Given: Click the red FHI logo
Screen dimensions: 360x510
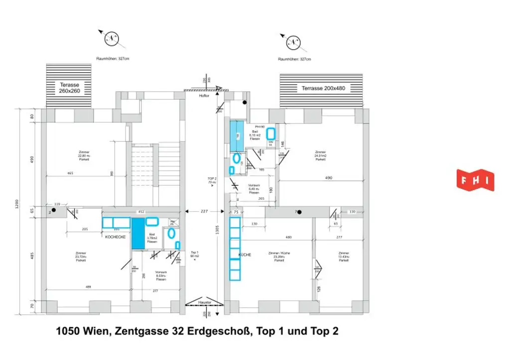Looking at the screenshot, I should coord(475,180).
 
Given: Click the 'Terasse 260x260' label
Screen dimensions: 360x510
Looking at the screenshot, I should coord(69,88).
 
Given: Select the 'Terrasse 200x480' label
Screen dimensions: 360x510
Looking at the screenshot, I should coord(323,89).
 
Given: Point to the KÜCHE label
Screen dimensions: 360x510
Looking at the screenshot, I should coord(245,254).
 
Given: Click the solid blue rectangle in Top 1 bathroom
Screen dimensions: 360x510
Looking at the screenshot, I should coord(137,233).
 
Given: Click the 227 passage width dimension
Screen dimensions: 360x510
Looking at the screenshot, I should coord(204,211).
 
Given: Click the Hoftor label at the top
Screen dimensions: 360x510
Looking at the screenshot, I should coord(203,96).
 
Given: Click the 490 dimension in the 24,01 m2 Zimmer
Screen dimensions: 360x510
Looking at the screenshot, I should coord(329,178).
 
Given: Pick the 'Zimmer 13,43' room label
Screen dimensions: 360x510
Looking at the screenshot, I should coord(344,256).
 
